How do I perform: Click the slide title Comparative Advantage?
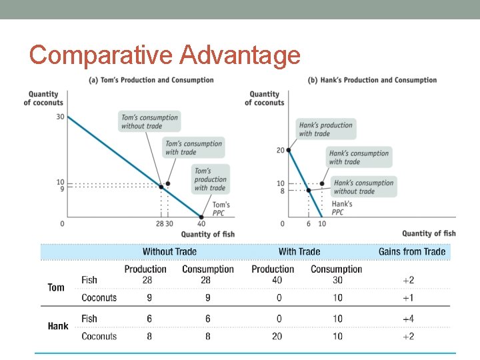(165, 55)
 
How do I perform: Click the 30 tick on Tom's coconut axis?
(60, 117)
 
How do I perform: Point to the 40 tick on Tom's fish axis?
(201, 224)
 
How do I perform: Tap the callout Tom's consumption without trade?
(149, 121)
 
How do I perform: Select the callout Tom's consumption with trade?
(193, 147)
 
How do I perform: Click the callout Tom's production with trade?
(210, 179)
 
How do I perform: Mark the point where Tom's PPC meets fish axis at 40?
(201, 217)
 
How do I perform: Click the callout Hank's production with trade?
(326, 129)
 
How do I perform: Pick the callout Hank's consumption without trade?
(363, 187)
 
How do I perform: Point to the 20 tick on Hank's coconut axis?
(281, 150)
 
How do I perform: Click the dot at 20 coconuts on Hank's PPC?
(289, 150)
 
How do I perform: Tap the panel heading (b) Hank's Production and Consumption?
(372, 80)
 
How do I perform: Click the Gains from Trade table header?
(411, 251)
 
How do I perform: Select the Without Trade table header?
(169, 251)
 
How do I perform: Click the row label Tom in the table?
(56, 287)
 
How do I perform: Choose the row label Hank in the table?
(58, 326)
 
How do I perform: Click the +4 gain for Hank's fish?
(408, 319)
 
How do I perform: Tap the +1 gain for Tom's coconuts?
(408, 297)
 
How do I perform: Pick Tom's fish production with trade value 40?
(277, 280)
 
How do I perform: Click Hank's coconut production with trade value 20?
(277, 336)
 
